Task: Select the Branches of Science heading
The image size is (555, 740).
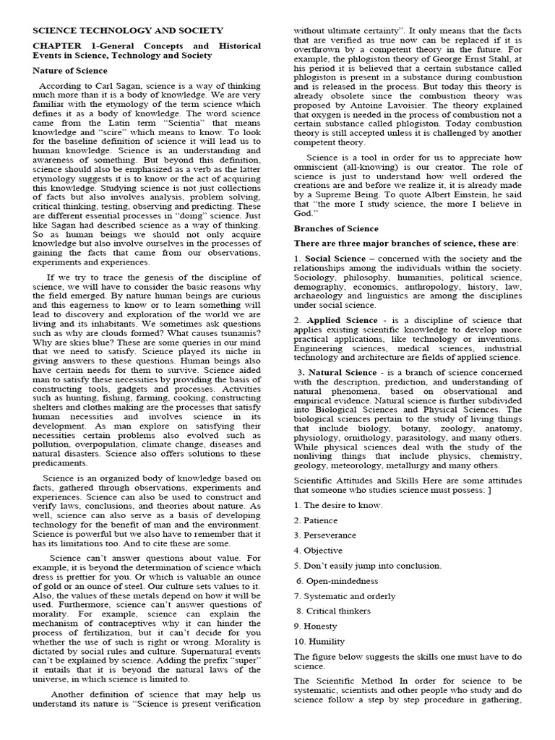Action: click(x=335, y=228)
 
